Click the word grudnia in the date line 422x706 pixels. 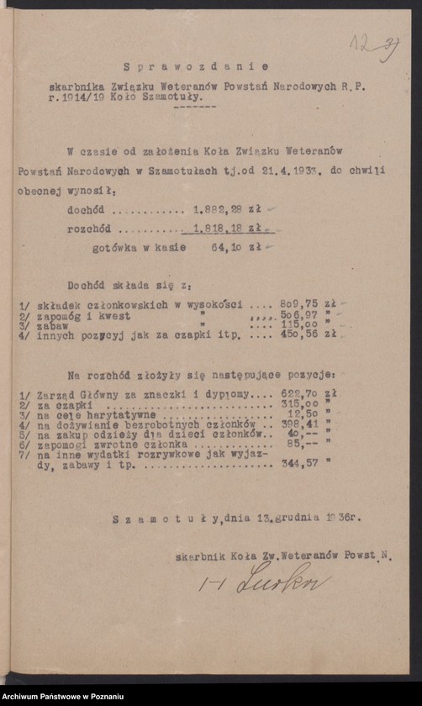point(298,519)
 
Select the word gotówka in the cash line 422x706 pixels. point(117,248)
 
